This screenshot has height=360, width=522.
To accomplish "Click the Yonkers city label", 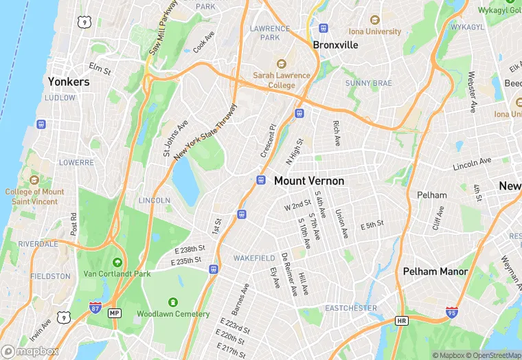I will pyautogui.click(x=69, y=82).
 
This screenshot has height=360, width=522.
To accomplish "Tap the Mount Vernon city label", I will pyautogui.click(x=309, y=181).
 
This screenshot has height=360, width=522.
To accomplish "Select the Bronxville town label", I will pyautogui.click(x=336, y=45).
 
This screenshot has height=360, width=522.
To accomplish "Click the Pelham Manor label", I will pyautogui.click(x=435, y=271).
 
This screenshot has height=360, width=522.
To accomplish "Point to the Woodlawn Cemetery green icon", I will pyautogui.click(x=172, y=302).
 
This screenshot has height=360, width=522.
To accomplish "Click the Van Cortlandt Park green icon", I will pyautogui.click(x=117, y=262).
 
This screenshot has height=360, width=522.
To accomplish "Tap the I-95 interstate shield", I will pyautogui.click(x=452, y=312).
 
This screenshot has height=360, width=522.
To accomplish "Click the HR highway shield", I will pyautogui.click(x=402, y=321).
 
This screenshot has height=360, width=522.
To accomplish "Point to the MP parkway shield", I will pyautogui.click(x=115, y=313).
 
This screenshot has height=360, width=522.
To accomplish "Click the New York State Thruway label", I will pyautogui.click(x=205, y=133).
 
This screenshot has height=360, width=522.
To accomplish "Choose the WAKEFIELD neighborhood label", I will pyautogui.click(x=254, y=258).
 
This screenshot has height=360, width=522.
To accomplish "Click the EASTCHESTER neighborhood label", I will pyautogui.click(x=351, y=308).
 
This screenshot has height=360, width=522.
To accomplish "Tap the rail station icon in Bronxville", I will pyautogui.click(x=324, y=28).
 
